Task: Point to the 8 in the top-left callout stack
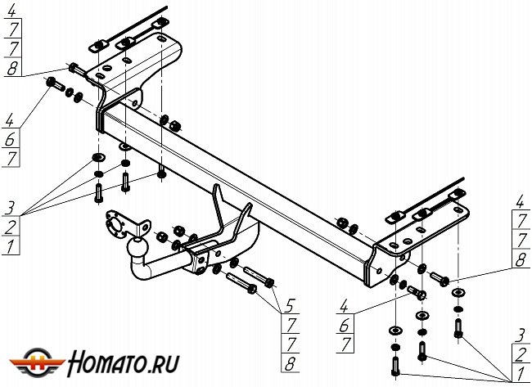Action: point(13,70)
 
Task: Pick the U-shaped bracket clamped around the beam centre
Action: point(225,221)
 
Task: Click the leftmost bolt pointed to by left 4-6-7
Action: point(56,84)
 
